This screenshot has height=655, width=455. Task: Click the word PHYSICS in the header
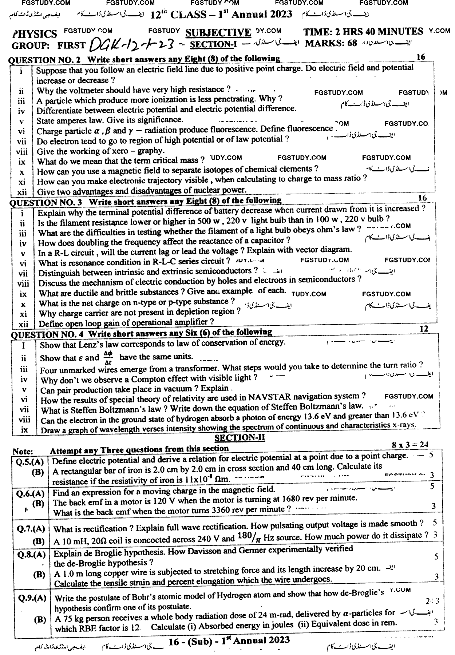click(35, 34)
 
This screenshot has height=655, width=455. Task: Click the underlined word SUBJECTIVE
click(218, 33)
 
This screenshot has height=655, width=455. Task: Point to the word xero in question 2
click(123, 150)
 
